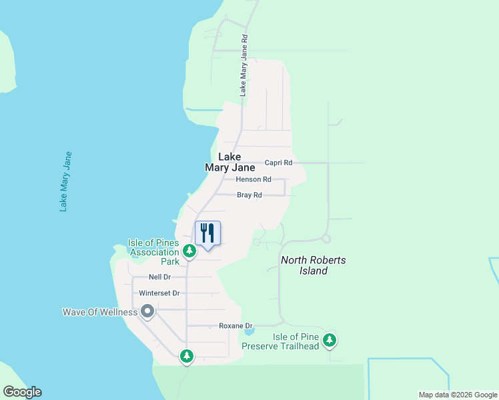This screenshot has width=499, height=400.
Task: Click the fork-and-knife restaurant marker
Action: tap(207, 233)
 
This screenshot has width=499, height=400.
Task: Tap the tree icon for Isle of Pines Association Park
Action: tap(189, 251)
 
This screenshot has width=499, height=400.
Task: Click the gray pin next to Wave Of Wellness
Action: tap(147, 311)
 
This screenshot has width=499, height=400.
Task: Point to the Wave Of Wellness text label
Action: tap(99, 312)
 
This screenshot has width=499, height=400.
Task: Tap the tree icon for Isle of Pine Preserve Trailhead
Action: tap(329, 341)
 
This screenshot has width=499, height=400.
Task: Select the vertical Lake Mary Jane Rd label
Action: tap(244, 66)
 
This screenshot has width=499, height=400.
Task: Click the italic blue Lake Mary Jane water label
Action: tap(65, 181)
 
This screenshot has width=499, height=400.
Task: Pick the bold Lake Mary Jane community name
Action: tap(229, 163)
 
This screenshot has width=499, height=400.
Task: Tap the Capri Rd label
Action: tap(278, 163)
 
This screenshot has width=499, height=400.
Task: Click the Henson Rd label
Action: tap(254, 179)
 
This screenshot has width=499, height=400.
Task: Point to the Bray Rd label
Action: tap(249, 195)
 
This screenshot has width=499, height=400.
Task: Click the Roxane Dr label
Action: tap(233, 326)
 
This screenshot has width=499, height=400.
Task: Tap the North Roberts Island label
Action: tap(313, 265)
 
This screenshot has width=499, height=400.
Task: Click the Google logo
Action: tap(22, 392)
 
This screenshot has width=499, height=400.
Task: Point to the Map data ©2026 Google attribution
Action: tap(458, 395)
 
